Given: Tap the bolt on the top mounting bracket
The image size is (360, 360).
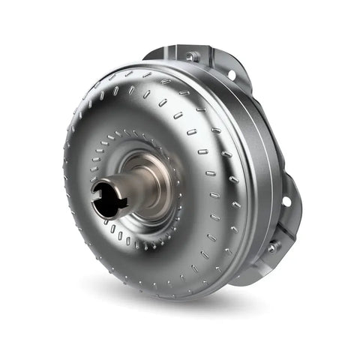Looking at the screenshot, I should (x=193, y=56).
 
